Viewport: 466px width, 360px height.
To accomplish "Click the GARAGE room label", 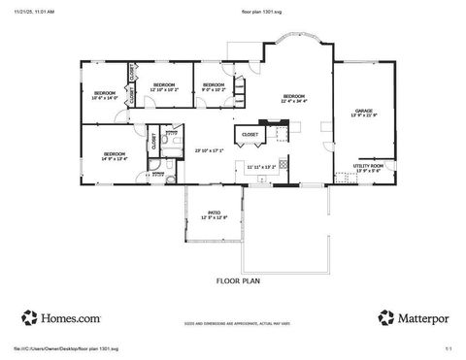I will click(x=364, y=111).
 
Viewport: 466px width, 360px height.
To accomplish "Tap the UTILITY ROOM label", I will click(x=369, y=165).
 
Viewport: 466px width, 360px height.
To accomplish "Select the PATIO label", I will click(x=214, y=213).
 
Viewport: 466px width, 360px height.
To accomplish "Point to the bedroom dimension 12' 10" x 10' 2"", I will click(x=164, y=89).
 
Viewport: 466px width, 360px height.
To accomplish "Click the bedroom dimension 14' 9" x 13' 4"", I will click(x=114, y=158).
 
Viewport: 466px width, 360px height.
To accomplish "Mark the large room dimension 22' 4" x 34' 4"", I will click(x=294, y=100).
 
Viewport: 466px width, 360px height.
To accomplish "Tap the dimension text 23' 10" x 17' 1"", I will click(x=209, y=150).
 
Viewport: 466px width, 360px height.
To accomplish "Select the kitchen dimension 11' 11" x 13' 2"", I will click(x=261, y=167).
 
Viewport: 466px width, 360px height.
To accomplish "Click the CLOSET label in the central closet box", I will click(x=250, y=134).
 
